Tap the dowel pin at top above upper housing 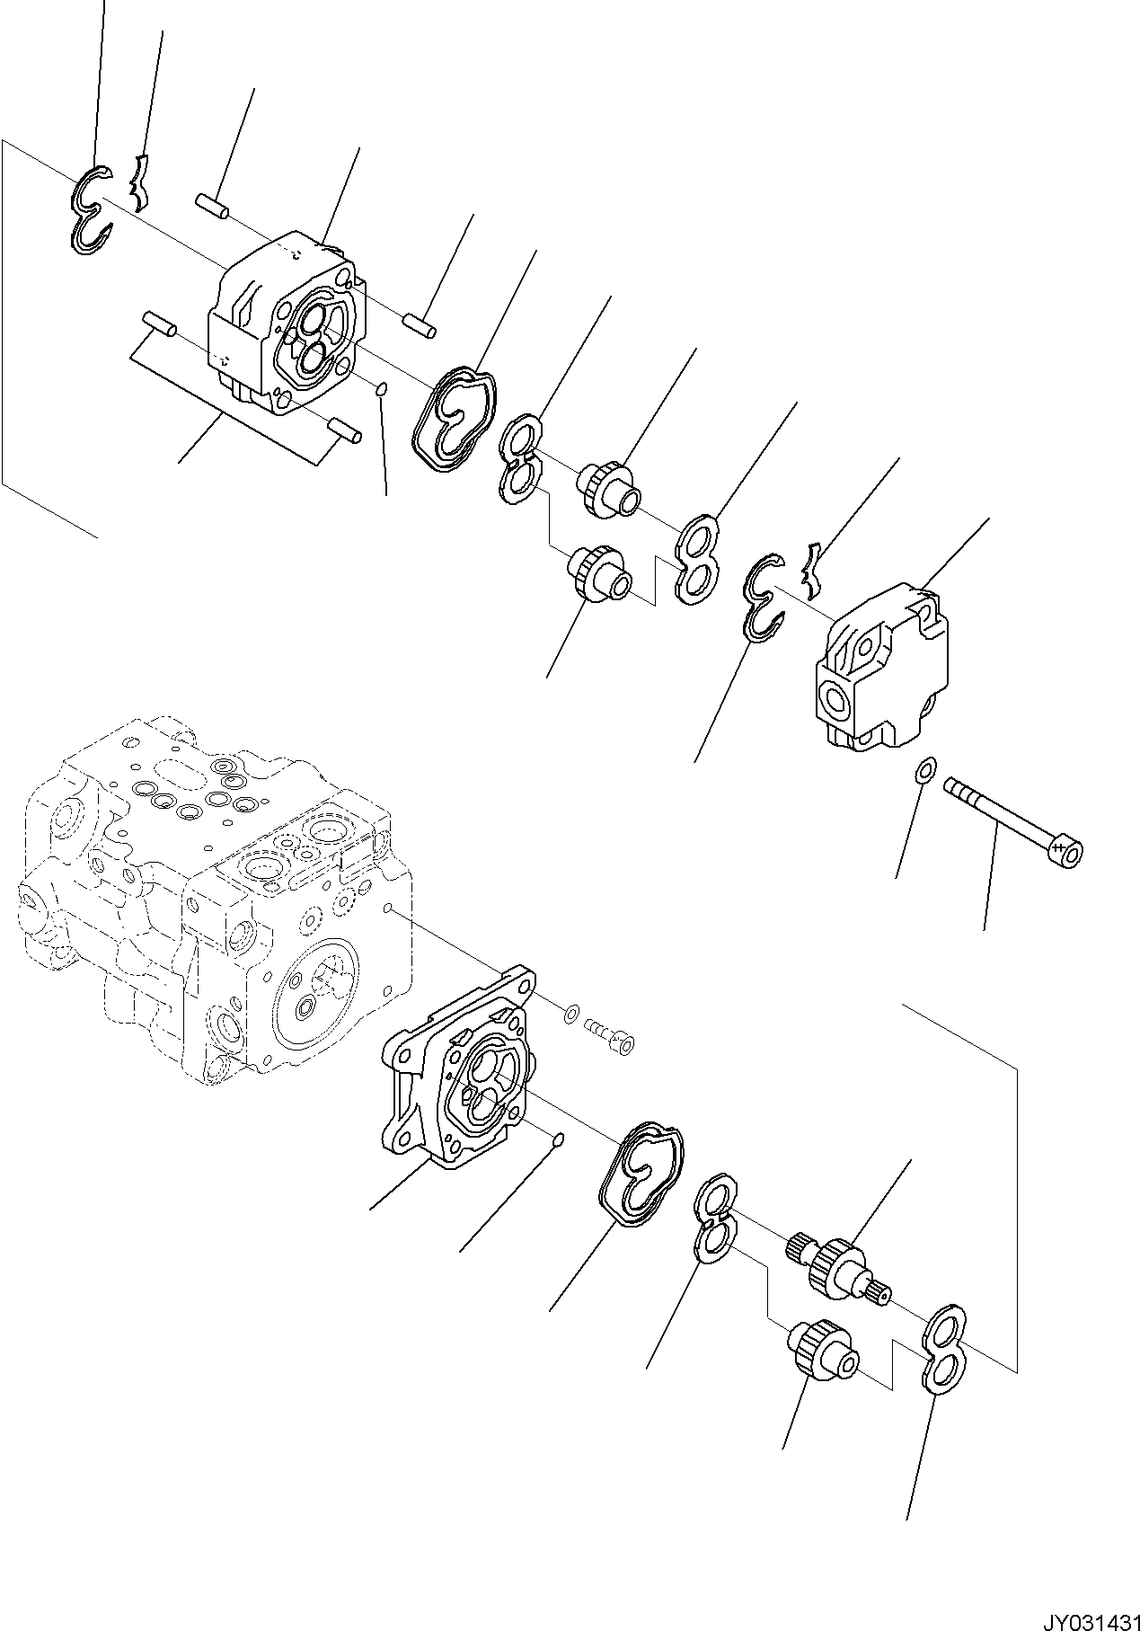coord(212,203)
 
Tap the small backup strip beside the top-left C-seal coord(138,182)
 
